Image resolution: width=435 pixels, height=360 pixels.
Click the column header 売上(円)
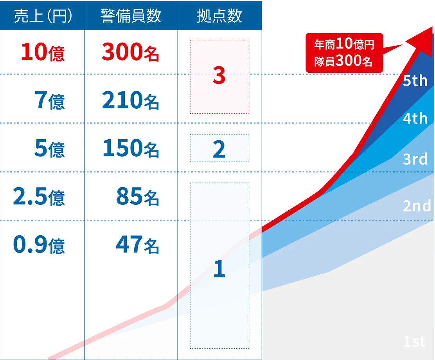tap(43, 16)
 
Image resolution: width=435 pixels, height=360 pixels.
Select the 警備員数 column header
tap(131, 16)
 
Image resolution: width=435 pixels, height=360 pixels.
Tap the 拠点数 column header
tap(219, 16)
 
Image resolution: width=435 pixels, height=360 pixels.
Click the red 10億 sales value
tap(43, 52)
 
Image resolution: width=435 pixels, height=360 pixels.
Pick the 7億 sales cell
tap(50, 100)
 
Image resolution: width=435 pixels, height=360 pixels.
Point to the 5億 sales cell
tap(50, 149)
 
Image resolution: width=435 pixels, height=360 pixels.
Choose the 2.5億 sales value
tap(39, 197)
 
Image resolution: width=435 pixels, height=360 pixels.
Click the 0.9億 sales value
tap(39, 245)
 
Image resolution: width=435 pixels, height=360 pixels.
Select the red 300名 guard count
tap(130, 52)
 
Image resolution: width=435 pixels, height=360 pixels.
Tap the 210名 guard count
tap(130, 100)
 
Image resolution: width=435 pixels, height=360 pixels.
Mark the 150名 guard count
tap(131, 149)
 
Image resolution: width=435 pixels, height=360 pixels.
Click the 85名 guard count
tap(138, 197)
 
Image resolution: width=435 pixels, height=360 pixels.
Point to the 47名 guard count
tap(138, 245)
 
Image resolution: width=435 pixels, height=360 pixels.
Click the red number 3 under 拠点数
tap(219, 75)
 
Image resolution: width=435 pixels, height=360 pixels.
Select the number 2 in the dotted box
tap(219, 149)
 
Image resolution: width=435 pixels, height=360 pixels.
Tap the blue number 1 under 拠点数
tap(219, 269)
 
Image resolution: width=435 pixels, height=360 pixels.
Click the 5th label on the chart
tap(415, 81)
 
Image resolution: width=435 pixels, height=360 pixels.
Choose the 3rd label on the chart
tap(415, 159)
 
